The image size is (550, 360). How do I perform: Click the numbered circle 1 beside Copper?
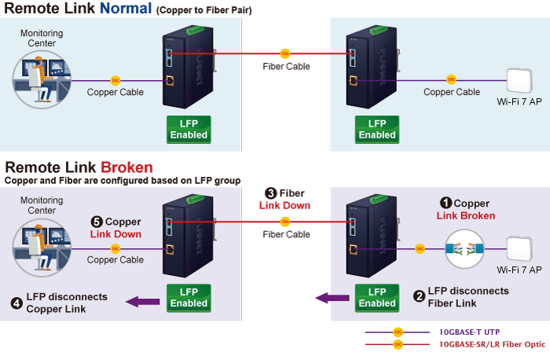coord(445,203)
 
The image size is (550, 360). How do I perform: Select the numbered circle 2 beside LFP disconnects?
coord(420,296)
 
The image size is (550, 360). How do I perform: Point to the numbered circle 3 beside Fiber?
coord(270,193)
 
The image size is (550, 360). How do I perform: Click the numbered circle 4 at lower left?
coord(16,303)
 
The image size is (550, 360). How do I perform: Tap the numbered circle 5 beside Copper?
coord(97,222)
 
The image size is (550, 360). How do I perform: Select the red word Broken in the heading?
coord(126,167)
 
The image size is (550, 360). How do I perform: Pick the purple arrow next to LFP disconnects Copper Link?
coord(143,300)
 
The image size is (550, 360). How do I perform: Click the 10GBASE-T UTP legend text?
coord(468,332)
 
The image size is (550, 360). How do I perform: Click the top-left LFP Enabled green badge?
coord(189,130)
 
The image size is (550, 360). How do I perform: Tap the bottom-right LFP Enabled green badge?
coord(377,298)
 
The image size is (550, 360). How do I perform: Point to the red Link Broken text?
coord(466,216)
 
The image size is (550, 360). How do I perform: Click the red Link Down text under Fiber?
coord(284,205)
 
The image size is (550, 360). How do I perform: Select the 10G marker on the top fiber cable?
coord(285,53)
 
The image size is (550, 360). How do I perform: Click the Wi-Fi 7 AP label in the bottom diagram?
coord(519,270)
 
